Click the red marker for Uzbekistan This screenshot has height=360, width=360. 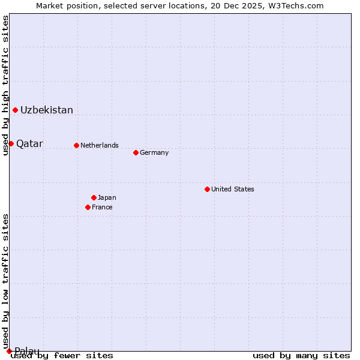(15, 110)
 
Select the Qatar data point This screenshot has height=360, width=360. (11, 143)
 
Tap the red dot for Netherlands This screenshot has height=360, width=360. (76, 145)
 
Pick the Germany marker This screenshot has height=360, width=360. (136, 152)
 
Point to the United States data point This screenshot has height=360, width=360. (207, 189)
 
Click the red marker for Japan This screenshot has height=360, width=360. (94, 197)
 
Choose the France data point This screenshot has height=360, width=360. (88, 207)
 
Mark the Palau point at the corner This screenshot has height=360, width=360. (9, 351)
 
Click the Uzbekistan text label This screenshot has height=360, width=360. (47, 110)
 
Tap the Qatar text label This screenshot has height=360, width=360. (29, 143)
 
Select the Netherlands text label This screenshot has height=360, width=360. (100, 145)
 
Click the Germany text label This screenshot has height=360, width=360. (154, 152)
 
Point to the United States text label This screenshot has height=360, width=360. (233, 189)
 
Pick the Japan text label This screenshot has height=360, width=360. (107, 197)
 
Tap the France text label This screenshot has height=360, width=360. (102, 207)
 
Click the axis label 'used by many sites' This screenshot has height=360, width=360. (301, 355)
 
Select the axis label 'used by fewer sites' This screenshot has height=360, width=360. (62, 355)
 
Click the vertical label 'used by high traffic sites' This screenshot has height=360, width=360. (5, 85)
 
